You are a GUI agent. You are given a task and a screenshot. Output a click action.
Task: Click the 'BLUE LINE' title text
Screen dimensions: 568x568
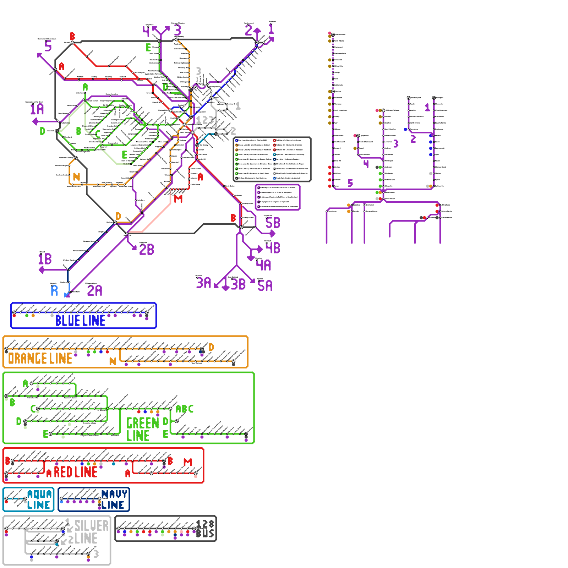(80, 321)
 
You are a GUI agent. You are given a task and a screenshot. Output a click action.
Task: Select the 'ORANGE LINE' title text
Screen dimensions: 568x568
(40, 359)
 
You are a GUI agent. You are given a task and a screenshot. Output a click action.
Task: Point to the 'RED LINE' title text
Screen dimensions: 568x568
(76, 472)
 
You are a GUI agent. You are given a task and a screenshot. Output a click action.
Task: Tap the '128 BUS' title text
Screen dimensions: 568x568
(205, 529)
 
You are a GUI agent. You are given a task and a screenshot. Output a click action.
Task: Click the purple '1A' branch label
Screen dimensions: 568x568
(37, 109)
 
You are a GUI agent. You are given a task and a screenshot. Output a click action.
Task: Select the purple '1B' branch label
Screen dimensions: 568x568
(45, 259)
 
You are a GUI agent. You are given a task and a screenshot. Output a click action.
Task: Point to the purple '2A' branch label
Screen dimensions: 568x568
(94, 290)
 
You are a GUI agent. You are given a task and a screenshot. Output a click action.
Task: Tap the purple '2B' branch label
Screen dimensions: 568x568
(147, 250)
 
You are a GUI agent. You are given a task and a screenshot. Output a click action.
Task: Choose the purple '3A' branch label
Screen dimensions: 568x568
(204, 283)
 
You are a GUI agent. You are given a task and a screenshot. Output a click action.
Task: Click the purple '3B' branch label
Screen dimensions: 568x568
(238, 284)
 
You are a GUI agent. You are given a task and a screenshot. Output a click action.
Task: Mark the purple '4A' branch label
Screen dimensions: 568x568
(264, 265)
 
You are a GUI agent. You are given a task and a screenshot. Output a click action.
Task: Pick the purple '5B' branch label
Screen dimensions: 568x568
(273, 223)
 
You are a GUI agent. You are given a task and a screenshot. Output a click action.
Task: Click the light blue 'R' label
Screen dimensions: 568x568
(54, 290)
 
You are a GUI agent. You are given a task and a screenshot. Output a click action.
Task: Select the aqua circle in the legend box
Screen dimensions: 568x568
(274, 154)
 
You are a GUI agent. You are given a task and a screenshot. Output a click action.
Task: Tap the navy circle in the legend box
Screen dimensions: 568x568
(274, 159)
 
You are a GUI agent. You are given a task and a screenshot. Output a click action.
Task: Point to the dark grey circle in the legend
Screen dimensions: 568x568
(237, 178)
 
